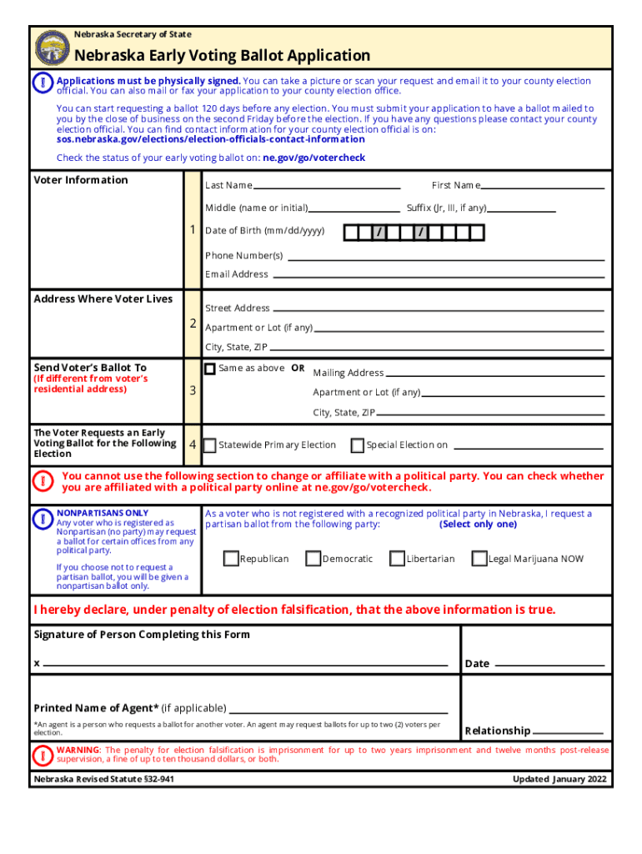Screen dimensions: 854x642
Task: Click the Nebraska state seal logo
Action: click(53, 48)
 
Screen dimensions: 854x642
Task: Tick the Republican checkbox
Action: click(231, 558)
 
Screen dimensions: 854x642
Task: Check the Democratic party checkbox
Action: click(313, 558)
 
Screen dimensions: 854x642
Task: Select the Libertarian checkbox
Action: click(398, 558)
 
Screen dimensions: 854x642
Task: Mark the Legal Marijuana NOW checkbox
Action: click(479, 558)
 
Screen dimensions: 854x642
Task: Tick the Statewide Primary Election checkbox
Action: click(210, 445)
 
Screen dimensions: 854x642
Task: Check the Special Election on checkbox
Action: click(358, 445)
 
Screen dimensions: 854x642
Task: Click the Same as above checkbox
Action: click(210, 369)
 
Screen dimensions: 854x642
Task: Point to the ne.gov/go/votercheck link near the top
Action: click(314, 158)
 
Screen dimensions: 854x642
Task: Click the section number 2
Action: click(193, 323)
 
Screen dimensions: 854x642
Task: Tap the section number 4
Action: click(193, 445)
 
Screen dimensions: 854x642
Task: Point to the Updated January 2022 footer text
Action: click(559, 780)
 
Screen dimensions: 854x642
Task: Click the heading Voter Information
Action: click(81, 180)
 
